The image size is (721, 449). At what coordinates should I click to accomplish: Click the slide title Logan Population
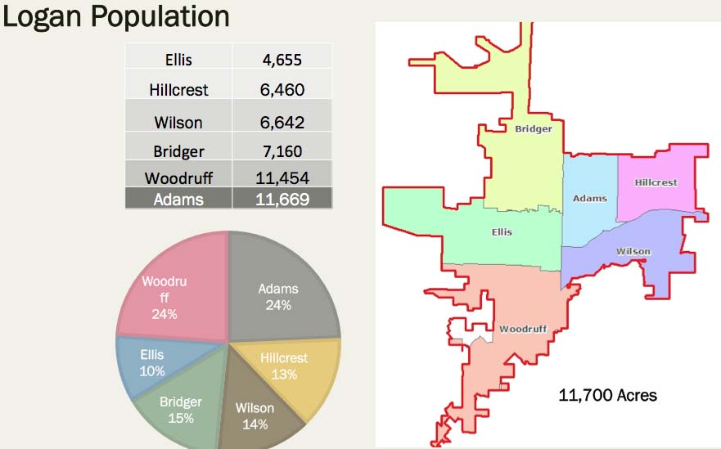115,16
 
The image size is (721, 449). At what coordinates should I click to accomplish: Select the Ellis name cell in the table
178,58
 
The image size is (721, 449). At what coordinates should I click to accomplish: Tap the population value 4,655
282,58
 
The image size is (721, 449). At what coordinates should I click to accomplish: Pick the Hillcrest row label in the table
178,90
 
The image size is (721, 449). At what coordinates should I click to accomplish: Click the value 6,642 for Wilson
282,123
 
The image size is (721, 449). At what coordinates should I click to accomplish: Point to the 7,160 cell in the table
282,151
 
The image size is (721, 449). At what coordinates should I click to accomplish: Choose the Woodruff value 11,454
282,177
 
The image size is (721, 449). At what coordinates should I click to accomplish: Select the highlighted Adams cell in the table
178,199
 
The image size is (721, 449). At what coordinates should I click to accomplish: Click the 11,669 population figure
282,199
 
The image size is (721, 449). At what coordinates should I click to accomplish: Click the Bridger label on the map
533,128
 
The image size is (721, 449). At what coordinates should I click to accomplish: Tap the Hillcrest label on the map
656,182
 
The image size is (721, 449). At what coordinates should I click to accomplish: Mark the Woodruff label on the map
522,329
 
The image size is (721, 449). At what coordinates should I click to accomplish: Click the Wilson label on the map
633,251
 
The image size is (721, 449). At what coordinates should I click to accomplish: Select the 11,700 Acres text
607,396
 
